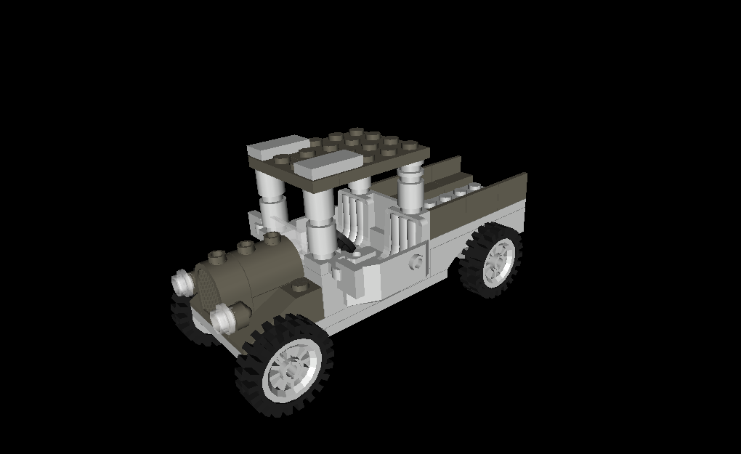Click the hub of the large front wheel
click(x=290, y=370)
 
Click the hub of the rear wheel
click(x=498, y=259)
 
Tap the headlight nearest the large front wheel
click(x=227, y=316)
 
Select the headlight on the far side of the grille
click(x=182, y=282)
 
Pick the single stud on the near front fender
click(x=298, y=288)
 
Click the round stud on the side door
click(x=416, y=262)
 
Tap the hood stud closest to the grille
click(x=216, y=256)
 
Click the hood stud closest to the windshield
click(x=272, y=238)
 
